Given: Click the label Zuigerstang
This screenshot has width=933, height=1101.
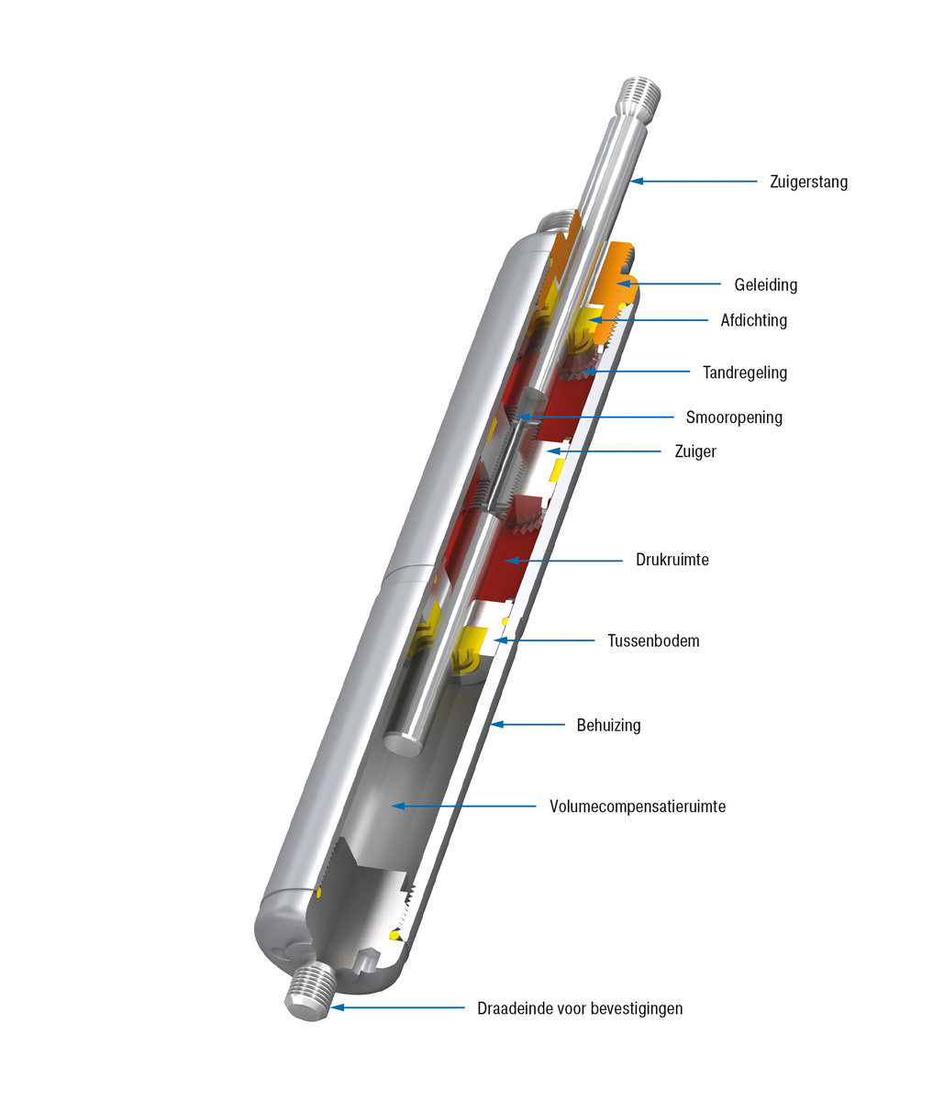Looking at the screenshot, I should tap(808, 182).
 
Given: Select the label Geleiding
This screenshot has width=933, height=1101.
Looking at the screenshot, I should tap(765, 284).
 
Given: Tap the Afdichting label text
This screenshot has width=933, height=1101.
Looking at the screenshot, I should tap(753, 320).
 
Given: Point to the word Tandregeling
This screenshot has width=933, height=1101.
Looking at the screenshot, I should tap(744, 373).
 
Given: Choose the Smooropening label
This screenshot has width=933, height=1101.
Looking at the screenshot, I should tap(734, 417).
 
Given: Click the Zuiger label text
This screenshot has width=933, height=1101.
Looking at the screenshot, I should tap(694, 451).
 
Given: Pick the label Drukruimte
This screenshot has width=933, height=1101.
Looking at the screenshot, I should tap(672, 560).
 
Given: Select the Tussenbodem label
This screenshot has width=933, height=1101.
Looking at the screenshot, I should tap(653, 640).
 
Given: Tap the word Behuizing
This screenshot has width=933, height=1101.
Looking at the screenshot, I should tap(608, 725).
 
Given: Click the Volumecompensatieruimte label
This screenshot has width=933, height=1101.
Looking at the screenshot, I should tap(638, 806).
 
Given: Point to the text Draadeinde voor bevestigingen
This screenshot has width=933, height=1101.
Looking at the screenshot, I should tap(580, 1008).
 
